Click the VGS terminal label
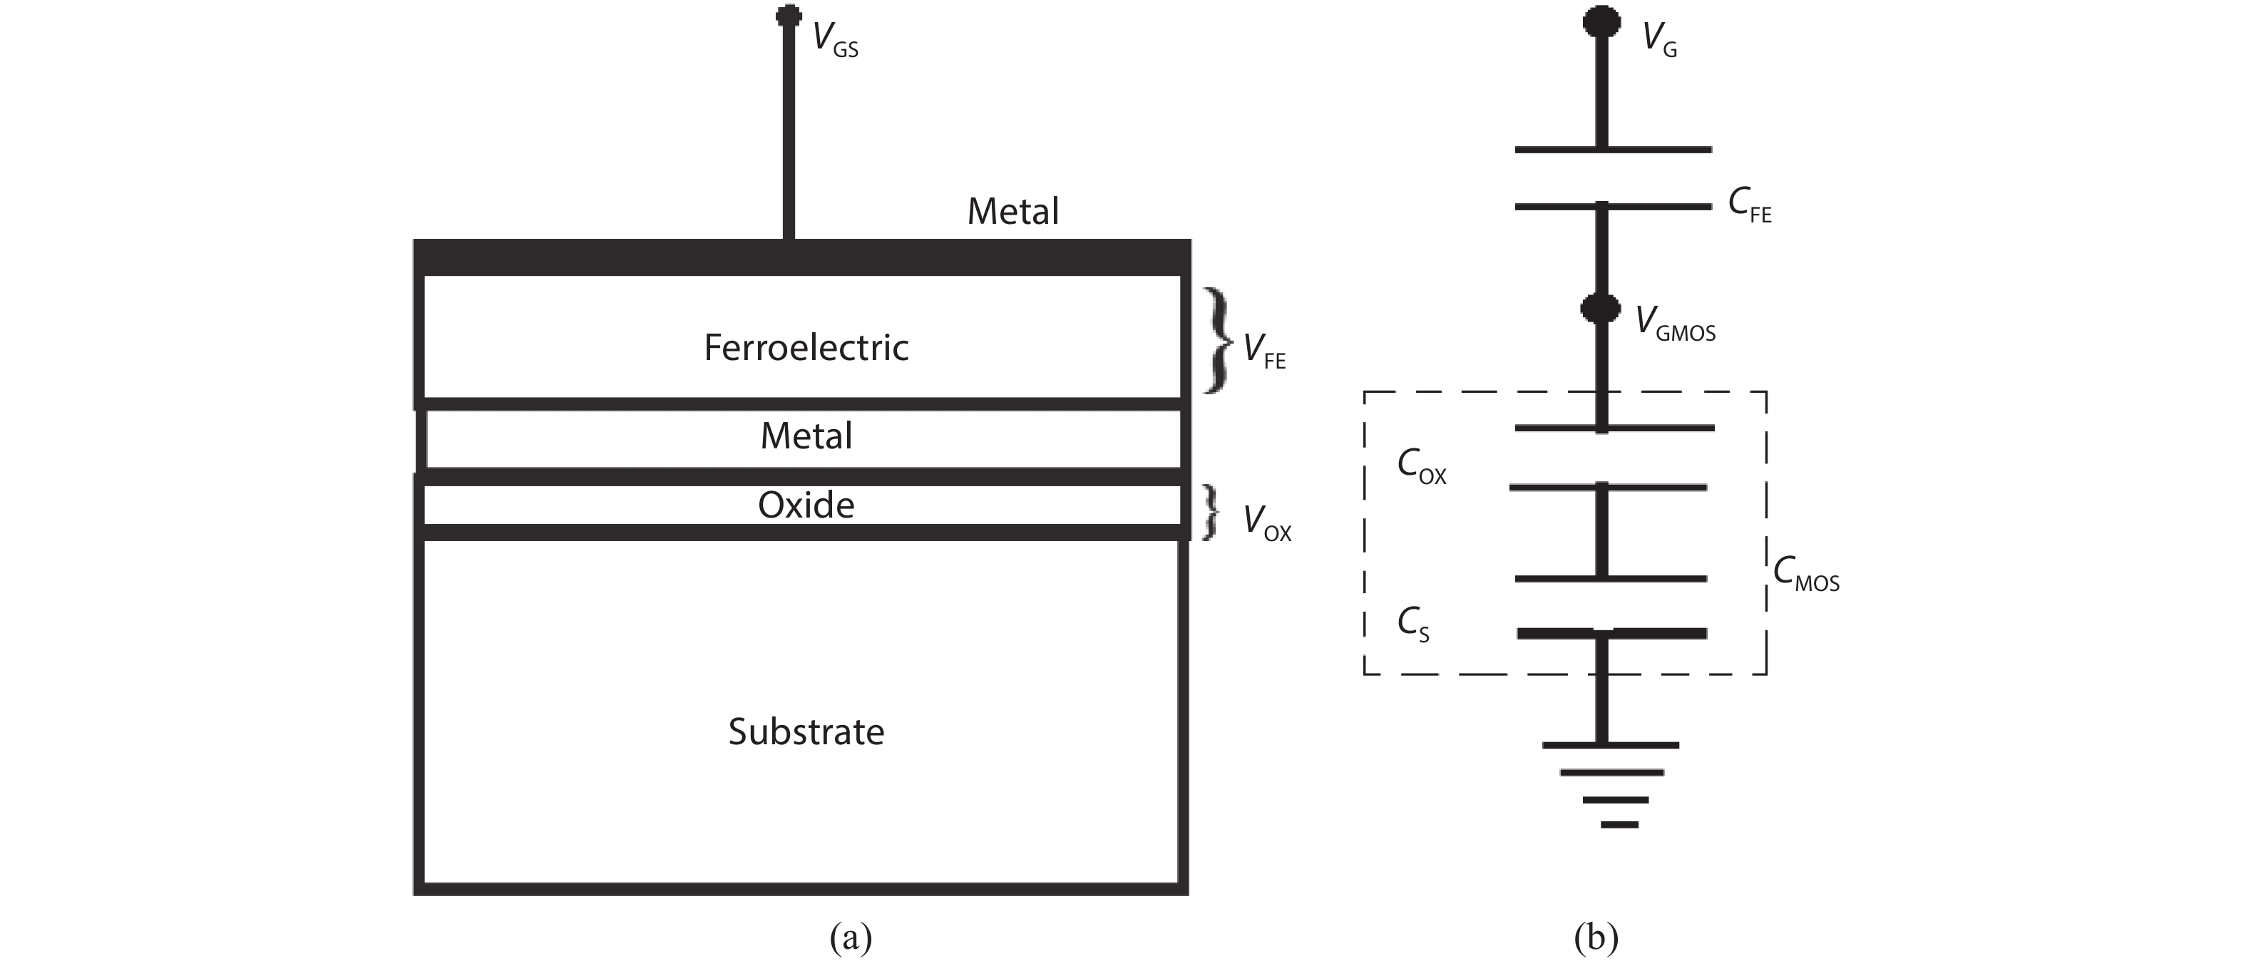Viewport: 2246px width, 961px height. tap(834, 40)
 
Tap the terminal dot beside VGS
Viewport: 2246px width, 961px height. tap(788, 16)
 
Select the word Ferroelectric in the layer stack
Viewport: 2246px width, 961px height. tap(806, 347)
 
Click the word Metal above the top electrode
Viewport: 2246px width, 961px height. tap(1012, 211)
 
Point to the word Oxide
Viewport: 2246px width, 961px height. tap(806, 505)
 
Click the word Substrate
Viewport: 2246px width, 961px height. tap(806, 731)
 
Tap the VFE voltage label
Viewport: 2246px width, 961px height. tap(1263, 351)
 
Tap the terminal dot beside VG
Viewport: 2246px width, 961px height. tap(1601, 22)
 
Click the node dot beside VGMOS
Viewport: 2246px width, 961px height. tap(1601, 308)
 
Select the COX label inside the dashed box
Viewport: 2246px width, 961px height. tap(1421, 466)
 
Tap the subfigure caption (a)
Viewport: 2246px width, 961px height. tap(851, 937)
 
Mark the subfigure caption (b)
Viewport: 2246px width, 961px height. tap(1596, 937)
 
